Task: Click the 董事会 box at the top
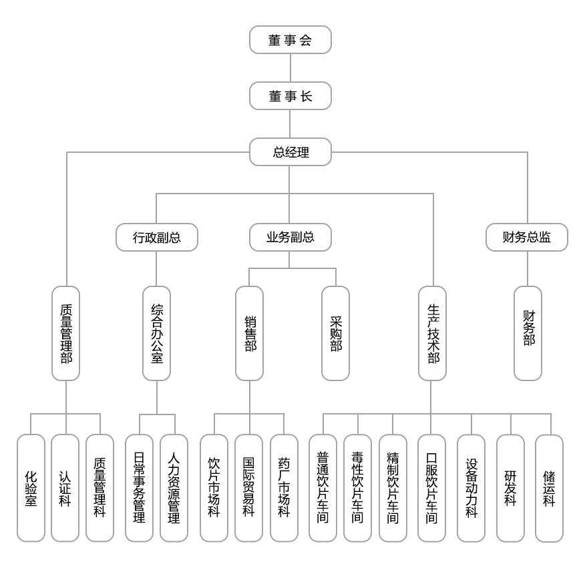[290, 40]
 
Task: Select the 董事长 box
[290, 96]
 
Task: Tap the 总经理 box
[290, 152]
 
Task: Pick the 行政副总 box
[156, 237]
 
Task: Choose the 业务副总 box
[290, 237]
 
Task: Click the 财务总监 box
[526, 237]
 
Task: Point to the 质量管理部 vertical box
[65, 334]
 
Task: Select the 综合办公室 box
[156, 334]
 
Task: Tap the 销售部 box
[249, 334]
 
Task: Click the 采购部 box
[335, 334]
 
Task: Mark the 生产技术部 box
[433, 334]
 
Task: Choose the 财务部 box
[528, 334]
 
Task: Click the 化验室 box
[31, 488]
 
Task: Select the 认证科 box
[65, 488]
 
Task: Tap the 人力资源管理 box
[174, 488]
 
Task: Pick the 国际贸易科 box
[248, 488]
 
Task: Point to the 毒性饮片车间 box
[357, 488]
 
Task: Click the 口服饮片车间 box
[431, 488]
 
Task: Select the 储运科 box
[549, 488]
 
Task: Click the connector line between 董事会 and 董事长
[290, 68]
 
